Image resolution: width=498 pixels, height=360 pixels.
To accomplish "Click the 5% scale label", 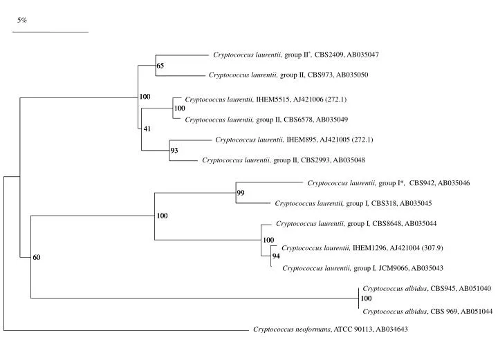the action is tap(22, 20).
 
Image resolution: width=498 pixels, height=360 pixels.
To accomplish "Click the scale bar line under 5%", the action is tap(50, 32).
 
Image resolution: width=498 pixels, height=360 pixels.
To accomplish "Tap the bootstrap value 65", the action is tap(160, 66).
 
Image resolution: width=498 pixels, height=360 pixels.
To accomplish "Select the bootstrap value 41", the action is tap(147, 129).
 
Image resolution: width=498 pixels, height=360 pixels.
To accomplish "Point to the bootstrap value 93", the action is tap(174, 151).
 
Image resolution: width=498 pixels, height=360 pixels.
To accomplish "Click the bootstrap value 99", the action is tap(241, 193).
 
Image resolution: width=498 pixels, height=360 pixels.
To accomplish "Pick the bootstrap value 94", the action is tap(276, 256).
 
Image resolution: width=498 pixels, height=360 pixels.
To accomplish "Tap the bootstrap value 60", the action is tap(37, 257).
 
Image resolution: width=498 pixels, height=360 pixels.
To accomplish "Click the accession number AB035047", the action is tap(362, 55).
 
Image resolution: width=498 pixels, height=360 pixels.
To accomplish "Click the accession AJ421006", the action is tap(308, 100).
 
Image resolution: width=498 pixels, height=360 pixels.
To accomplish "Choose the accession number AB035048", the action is tap(349, 160).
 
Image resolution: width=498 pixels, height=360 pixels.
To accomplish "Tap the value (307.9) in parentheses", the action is tap(432, 248).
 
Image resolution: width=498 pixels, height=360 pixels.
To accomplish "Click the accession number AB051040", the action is tap(475, 288).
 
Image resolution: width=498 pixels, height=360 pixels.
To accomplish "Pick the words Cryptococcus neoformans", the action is tap(292, 329).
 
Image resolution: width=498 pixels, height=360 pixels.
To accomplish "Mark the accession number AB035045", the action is tap(416, 203).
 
